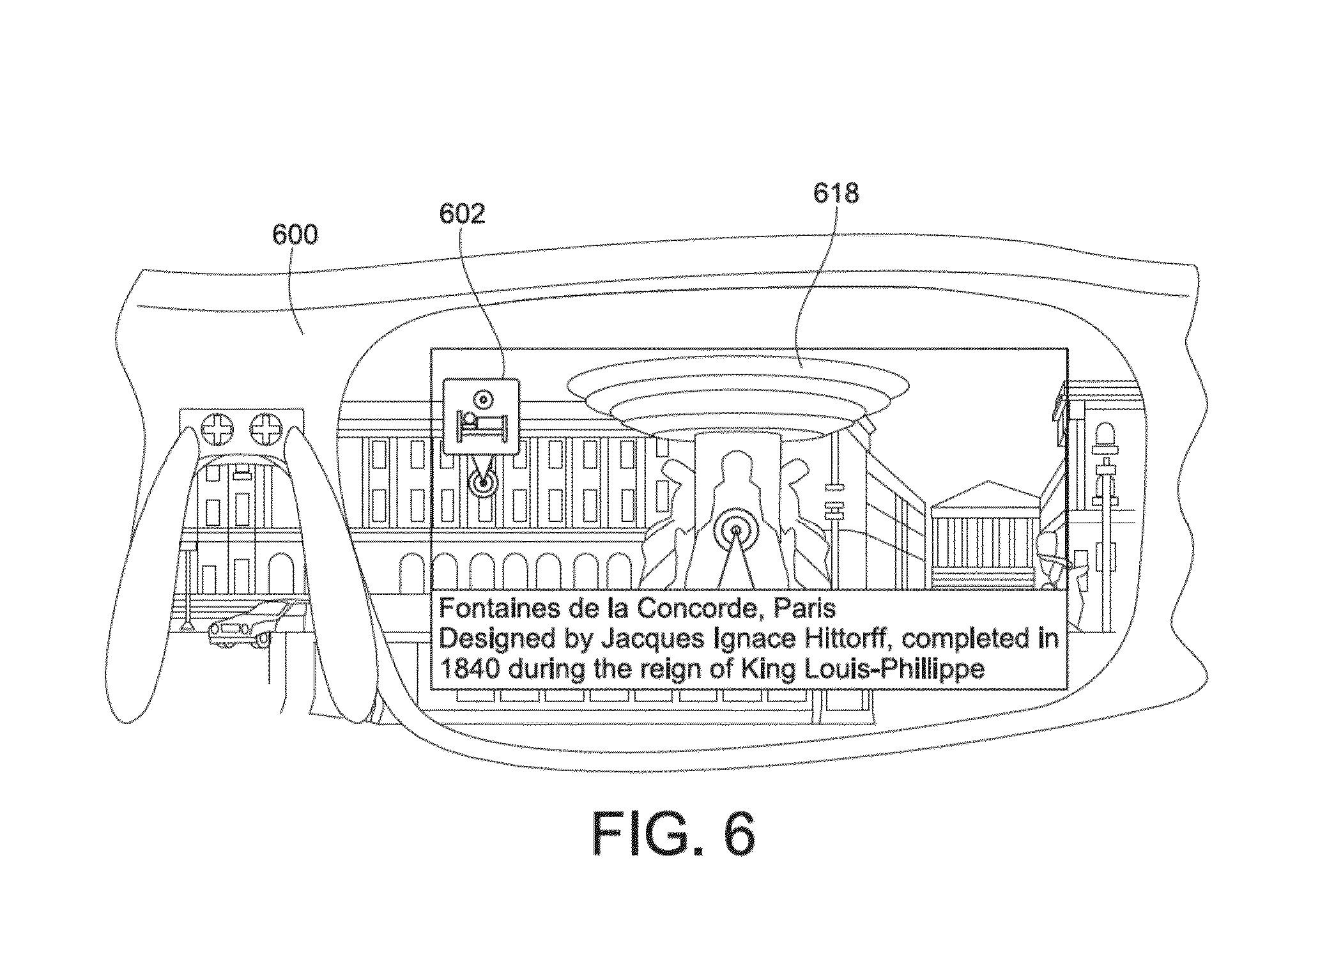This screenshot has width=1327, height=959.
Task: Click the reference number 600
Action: (295, 235)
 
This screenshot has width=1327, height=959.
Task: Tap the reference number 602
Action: (462, 213)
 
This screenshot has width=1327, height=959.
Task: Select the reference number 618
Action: (836, 192)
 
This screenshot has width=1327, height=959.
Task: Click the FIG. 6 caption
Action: (673, 835)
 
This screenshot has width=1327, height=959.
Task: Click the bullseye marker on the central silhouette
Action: (736, 530)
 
